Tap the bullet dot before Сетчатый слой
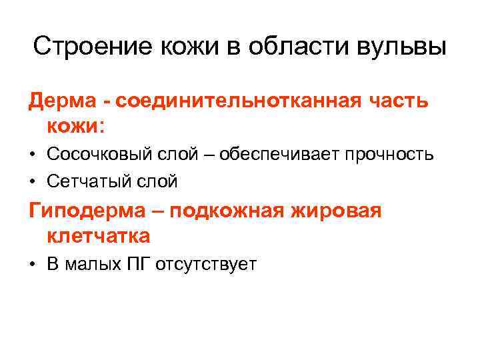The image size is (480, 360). point(33,181)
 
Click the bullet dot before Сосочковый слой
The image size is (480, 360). point(33,155)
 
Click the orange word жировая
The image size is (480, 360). point(343,211)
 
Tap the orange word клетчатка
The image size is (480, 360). point(99,235)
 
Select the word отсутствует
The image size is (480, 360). point(206,264)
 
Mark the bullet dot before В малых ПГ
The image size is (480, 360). point(33,265)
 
